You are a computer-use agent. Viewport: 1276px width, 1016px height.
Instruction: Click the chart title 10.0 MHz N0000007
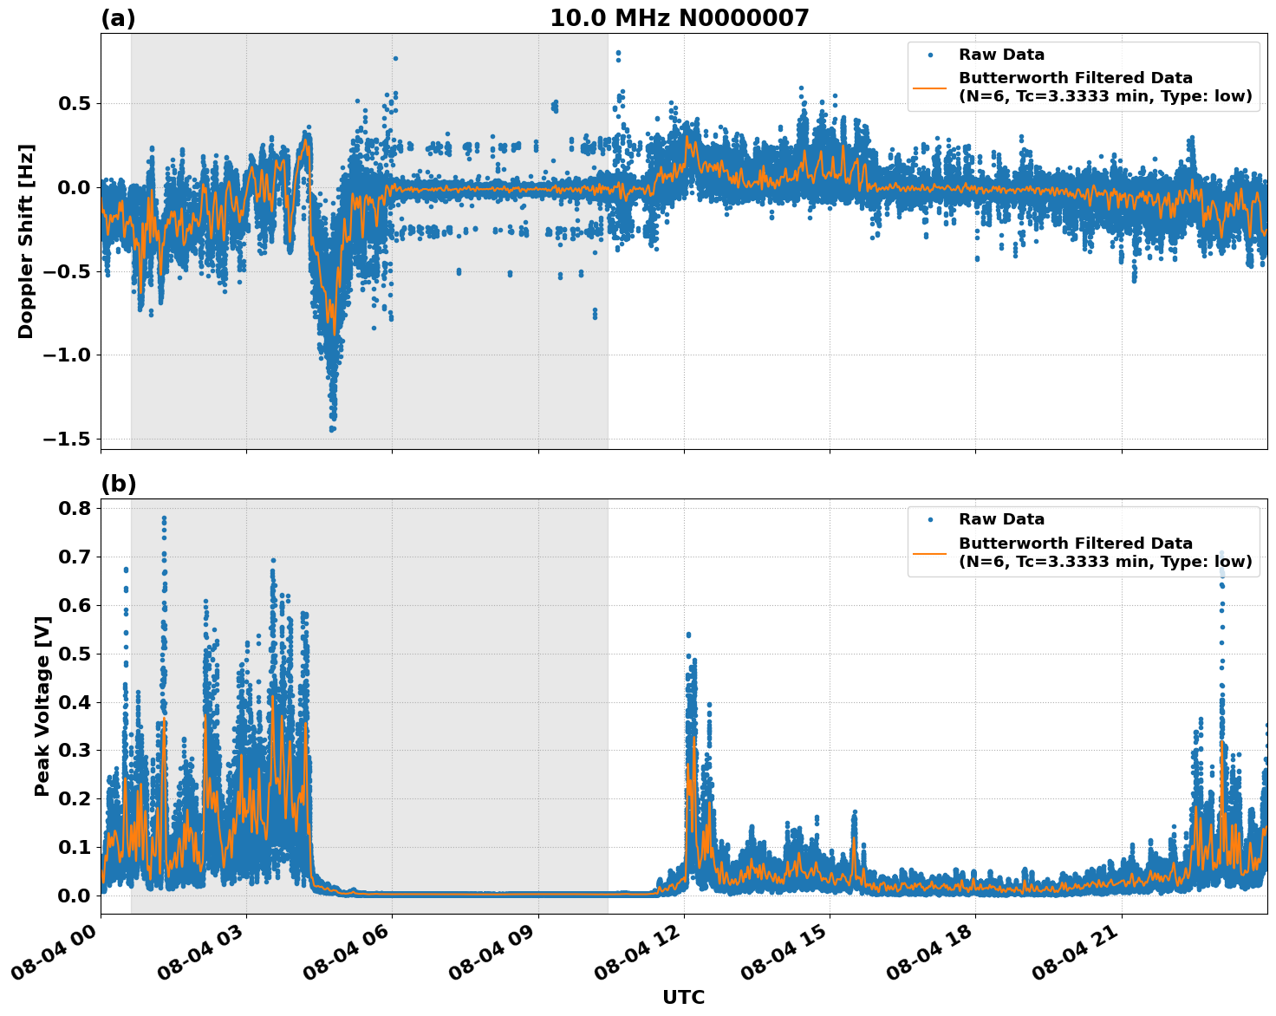(679, 18)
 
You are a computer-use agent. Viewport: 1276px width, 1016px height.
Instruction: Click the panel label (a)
(118, 18)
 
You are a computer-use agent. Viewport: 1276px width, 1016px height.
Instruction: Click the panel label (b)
(118, 484)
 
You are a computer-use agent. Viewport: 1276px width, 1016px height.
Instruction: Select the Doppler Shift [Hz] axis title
(26, 241)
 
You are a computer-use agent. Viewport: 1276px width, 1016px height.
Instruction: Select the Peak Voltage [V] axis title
(42, 706)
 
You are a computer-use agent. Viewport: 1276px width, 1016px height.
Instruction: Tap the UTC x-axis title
(683, 997)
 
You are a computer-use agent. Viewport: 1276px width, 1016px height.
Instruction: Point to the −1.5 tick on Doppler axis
(68, 439)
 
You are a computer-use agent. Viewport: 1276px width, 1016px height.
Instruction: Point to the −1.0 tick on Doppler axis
(68, 355)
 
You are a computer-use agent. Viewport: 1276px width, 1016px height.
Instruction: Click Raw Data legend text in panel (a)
(1001, 55)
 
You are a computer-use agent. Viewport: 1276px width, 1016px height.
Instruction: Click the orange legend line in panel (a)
(929, 88)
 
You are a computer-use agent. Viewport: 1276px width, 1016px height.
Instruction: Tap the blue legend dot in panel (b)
(929, 519)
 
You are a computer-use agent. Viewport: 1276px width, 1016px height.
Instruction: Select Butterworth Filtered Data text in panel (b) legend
(1075, 544)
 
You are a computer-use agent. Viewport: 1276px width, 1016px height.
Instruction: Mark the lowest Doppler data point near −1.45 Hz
(332, 429)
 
